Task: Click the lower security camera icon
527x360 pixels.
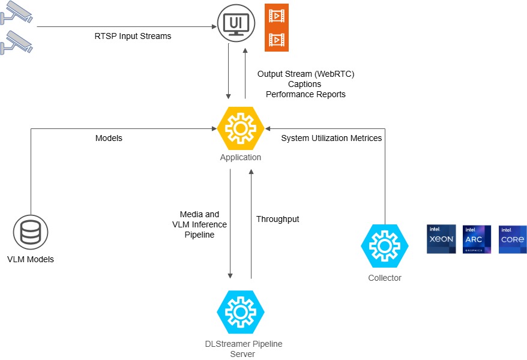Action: coord(16,41)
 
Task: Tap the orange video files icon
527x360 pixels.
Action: coord(277,28)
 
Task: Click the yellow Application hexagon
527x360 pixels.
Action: coord(240,128)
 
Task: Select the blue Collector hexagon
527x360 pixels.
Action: coord(384,246)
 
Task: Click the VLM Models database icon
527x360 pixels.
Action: coord(30,233)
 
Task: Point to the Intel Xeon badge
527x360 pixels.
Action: coord(441,239)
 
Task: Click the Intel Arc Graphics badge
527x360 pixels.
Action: coord(477,239)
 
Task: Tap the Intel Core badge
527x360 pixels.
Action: coord(513,239)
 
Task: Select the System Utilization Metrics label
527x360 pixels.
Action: coord(331,138)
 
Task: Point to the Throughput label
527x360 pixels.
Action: coord(277,219)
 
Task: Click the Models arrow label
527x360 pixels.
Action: coord(109,138)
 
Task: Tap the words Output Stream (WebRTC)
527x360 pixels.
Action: coord(306,74)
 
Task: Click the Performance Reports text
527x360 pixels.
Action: coord(306,94)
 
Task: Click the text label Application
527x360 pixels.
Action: coord(240,157)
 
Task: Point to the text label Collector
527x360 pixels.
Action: coord(384,278)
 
